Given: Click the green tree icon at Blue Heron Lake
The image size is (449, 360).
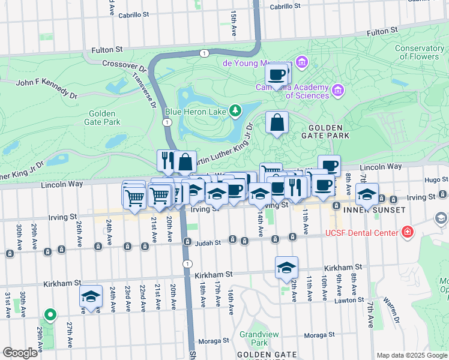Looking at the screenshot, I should point(236,110).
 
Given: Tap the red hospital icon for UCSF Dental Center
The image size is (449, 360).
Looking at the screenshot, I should point(408,232).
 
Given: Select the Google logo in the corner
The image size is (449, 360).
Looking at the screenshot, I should point(19,353).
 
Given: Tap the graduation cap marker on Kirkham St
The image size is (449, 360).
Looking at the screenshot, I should point(287,268).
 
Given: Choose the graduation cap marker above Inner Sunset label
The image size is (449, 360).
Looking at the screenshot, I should point(367,194).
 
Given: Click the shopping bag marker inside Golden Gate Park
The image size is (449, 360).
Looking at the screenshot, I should point(277,123).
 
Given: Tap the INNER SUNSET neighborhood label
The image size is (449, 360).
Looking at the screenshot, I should point(370,211).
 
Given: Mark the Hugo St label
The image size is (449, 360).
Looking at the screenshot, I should point(436,179).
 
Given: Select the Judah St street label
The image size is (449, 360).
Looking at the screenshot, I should point(209,242).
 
